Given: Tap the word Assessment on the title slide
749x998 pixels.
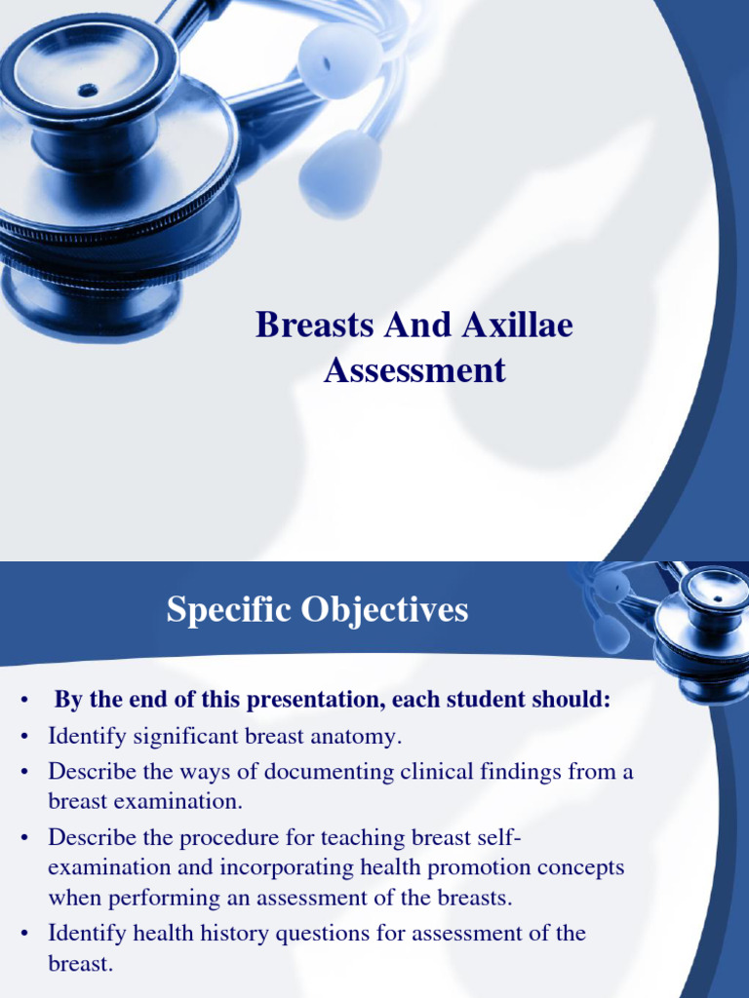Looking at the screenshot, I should (x=414, y=370).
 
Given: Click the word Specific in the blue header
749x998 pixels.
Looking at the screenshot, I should (x=227, y=610).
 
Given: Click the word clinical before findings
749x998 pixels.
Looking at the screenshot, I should (x=436, y=772).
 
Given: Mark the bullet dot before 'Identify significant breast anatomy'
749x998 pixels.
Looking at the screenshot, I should (x=21, y=738).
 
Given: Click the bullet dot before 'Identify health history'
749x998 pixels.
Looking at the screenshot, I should (x=21, y=934).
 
